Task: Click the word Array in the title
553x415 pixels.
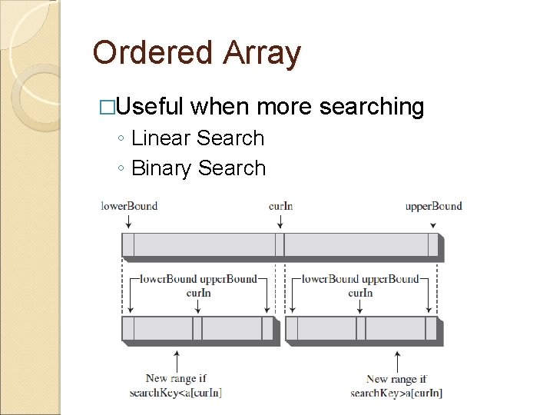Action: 263,54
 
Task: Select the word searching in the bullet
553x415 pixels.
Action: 371,107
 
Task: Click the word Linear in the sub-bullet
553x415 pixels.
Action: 161,138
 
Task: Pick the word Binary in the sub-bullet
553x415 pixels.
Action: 161,168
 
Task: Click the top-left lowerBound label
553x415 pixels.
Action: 129,206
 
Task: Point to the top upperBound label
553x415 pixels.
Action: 434,206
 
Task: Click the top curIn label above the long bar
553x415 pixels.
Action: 280,206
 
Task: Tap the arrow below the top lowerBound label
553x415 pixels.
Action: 128,221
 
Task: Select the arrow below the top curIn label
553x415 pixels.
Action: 280,221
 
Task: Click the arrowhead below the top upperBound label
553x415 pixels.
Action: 433,225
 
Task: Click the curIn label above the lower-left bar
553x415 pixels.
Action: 198,293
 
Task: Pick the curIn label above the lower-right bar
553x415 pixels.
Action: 360,293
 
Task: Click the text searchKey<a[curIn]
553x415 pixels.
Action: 176,393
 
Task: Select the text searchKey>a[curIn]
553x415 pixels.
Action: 396,393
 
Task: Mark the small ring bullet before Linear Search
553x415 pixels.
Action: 123,140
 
